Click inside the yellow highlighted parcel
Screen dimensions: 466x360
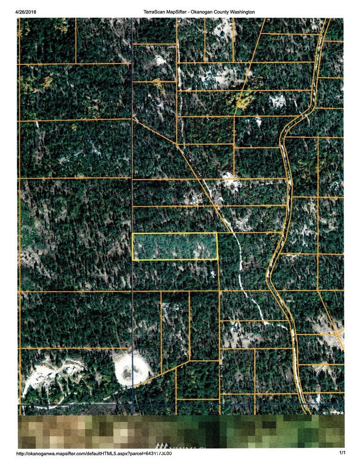tap(175, 247)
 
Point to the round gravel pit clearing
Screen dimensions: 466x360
tap(131, 370)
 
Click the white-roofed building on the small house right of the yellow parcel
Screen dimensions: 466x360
tap(212, 274)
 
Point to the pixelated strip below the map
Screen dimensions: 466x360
tap(181, 431)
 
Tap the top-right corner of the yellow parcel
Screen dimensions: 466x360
tap(217, 233)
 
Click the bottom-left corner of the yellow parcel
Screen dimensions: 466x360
tap(133, 260)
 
